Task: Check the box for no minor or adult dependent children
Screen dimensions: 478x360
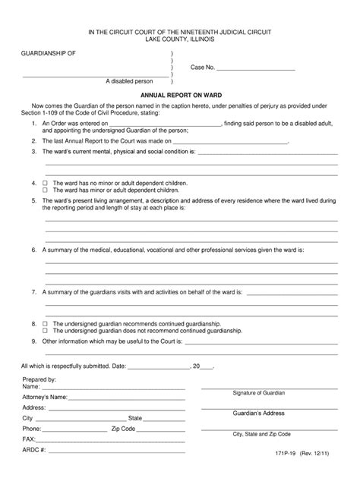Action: tap(45, 184)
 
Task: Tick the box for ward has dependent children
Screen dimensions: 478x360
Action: tap(45, 190)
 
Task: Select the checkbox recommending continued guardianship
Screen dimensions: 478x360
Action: tap(45, 323)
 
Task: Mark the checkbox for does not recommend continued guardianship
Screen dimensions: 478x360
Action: tap(45, 331)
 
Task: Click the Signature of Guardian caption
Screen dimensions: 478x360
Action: tap(259, 393)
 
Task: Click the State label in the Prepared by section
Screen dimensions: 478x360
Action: tap(135, 417)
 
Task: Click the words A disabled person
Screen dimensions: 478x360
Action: tap(130, 80)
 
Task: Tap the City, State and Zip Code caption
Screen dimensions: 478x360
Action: tap(261, 434)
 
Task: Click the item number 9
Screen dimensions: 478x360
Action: tap(33, 342)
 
